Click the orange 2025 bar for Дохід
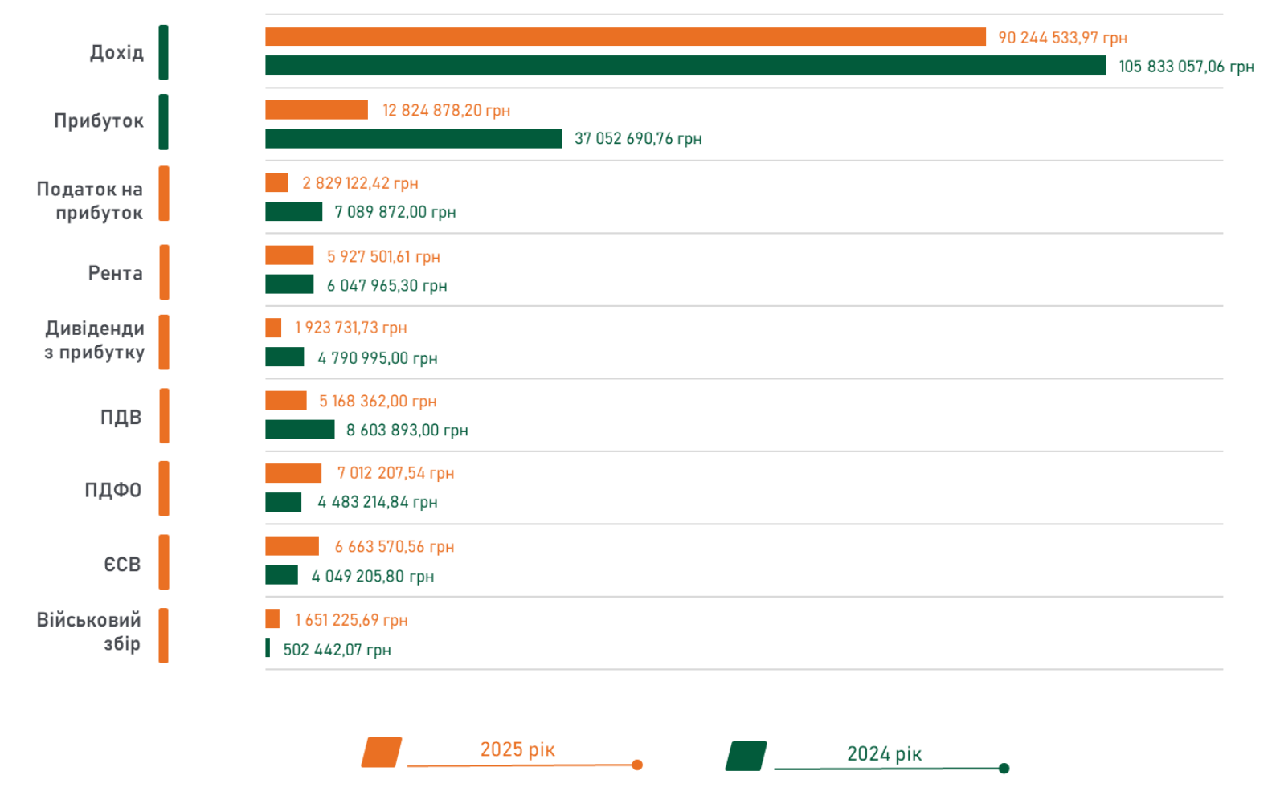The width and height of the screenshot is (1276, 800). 625,37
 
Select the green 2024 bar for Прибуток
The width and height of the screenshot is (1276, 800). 413,139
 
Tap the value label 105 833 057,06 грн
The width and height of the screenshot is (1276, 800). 1186,67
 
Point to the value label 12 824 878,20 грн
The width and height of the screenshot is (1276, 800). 446,110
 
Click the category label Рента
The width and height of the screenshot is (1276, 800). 115,273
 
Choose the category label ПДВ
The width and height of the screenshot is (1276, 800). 121,418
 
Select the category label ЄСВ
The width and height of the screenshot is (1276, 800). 122,565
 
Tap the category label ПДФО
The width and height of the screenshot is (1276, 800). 112,490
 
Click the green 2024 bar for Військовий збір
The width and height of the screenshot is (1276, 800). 268,647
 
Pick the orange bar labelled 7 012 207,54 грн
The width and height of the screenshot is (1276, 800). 293,473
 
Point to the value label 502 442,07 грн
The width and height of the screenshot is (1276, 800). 337,650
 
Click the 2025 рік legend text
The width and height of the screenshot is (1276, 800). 517,749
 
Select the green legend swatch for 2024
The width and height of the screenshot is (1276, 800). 746,756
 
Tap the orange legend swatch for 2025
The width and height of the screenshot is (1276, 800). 382,752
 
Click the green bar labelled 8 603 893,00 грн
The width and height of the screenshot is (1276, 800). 300,430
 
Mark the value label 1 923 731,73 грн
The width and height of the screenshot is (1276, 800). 350,328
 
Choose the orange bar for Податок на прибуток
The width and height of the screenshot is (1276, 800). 276,182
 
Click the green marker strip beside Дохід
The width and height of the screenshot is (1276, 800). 164,52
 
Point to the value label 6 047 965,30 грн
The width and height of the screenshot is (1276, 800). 386,285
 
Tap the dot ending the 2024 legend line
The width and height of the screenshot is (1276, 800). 1004,769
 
